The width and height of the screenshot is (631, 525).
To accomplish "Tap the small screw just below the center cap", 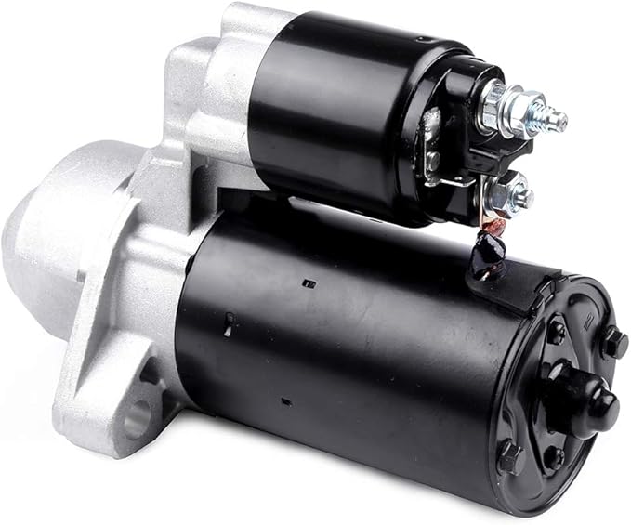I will [x=554, y=456].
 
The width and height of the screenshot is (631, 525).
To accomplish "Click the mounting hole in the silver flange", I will [x=137, y=421].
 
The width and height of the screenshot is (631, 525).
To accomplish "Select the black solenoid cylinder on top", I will [x=353, y=112].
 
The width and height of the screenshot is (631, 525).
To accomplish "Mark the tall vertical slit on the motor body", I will [x=228, y=323].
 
